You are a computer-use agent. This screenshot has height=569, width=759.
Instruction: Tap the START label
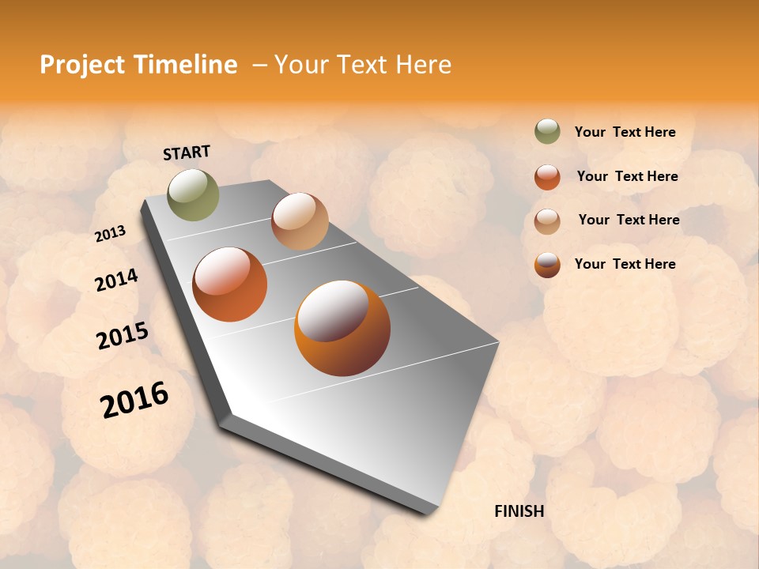tap(187, 153)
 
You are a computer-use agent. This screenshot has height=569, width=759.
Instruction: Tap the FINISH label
tap(519, 511)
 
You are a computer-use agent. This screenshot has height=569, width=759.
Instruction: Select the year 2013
tap(110, 233)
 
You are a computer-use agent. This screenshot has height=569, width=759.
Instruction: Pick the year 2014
tap(116, 280)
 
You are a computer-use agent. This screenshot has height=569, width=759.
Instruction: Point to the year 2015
tap(123, 335)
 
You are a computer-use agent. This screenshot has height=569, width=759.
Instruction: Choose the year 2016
tap(134, 400)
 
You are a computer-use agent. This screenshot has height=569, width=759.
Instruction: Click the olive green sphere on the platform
tap(194, 194)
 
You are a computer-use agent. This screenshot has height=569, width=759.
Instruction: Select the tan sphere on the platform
tap(300, 221)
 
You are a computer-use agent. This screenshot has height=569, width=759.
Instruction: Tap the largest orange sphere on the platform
tap(342, 328)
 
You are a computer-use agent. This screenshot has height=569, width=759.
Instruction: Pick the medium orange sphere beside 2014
tap(230, 284)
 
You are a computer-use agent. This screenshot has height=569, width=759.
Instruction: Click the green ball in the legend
tap(547, 131)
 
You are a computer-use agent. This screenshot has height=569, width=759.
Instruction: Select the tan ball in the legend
tap(547, 220)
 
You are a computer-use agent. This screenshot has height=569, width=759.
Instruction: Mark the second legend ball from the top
tap(547, 177)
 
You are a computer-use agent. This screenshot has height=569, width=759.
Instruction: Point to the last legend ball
tap(547, 265)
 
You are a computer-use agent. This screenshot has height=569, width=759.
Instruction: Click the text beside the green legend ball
tap(625, 132)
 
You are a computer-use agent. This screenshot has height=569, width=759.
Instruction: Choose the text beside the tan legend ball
tap(629, 220)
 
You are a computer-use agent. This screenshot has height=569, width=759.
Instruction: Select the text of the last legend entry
tap(625, 264)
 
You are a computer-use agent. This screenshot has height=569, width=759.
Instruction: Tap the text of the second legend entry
tap(627, 176)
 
